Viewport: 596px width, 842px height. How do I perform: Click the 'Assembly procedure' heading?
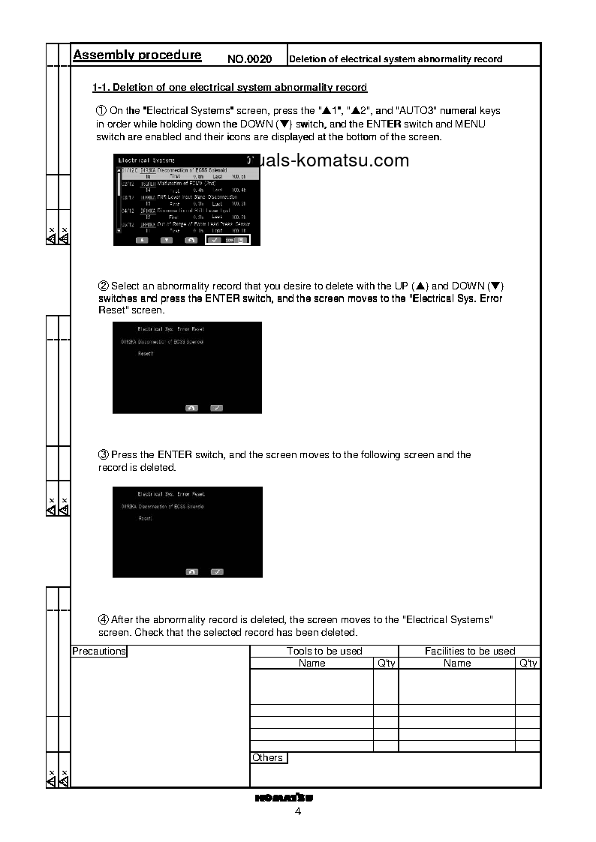pos(137,55)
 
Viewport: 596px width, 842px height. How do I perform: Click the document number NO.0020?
pos(249,58)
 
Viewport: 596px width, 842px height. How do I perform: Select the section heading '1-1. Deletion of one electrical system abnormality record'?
pos(229,88)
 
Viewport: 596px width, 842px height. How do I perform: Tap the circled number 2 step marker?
pos(104,286)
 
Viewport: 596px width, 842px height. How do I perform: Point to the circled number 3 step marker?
pos(104,455)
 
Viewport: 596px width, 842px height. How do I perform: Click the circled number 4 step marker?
pos(104,620)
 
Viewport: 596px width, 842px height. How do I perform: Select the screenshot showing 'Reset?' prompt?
pos(187,368)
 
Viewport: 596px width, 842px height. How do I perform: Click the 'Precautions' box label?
pos(99,652)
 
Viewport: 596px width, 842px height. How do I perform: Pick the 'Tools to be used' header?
pos(324,652)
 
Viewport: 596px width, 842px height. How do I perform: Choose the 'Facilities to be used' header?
pos(470,652)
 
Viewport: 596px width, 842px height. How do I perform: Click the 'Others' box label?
pos(268,758)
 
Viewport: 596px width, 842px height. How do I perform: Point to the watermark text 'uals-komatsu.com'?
pos(338,160)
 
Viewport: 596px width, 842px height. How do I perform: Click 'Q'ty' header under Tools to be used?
pos(386,664)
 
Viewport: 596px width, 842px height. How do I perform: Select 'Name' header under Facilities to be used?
pos(457,664)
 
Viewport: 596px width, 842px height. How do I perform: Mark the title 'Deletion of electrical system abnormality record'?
pos(396,59)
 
